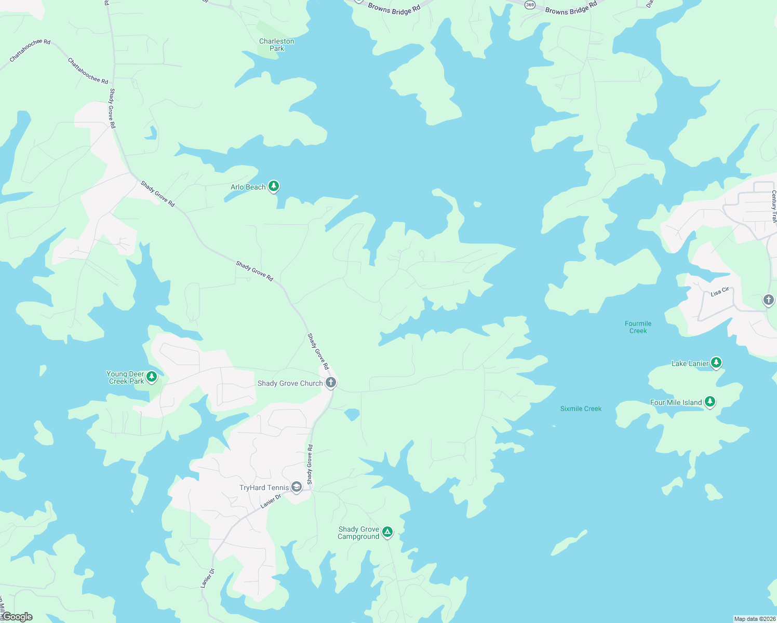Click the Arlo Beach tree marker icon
click(274, 186)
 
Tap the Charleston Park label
click(276, 45)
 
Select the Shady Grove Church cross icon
click(331, 383)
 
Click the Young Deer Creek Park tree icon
click(152, 376)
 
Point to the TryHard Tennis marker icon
click(297, 486)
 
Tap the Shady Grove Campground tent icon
click(387, 532)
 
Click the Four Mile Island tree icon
click(710, 401)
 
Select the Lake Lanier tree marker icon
click(716, 362)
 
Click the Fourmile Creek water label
click(638, 327)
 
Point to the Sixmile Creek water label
click(581, 409)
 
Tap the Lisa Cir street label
click(720, 292)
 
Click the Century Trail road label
click(773, 206)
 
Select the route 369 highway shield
click(529, 5)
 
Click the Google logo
click(18, 617)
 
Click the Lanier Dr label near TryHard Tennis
click(271, 501)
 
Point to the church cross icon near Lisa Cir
click(768, 300)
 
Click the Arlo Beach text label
click(248, 187)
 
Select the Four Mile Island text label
click(676, 402)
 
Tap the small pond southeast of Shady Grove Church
click(352, 414)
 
